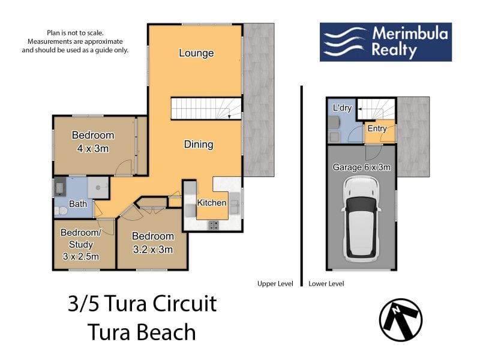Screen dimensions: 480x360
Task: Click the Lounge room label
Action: pos(196,53)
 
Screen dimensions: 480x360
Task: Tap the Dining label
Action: pos(199,144)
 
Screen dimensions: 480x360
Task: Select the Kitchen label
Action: pos(212,203)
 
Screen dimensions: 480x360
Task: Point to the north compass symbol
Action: pos(401,320)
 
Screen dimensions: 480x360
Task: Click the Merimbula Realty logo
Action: pos(386,42)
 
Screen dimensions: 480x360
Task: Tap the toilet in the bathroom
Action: pos(61,211)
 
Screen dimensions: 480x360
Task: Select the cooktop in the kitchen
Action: pos(214,225)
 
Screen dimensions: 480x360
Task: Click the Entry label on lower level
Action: pos(377,128)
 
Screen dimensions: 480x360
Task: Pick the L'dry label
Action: pos(342,108)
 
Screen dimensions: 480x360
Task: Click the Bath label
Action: pos(78,204)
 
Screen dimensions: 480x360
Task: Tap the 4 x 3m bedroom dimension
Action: pos(93,149)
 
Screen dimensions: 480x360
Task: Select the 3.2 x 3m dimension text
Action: pos(153,250)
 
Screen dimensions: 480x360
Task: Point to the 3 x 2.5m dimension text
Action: pos(81,256)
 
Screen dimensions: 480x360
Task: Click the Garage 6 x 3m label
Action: pos(362,167)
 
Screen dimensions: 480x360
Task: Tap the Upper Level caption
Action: pos(275,284)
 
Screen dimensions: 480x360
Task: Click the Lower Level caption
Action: pos(326,284)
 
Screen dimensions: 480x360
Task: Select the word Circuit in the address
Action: pos(184,304)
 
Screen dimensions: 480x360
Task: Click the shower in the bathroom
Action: pos(98,187)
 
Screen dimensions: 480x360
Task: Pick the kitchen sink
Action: pos(235,203)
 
